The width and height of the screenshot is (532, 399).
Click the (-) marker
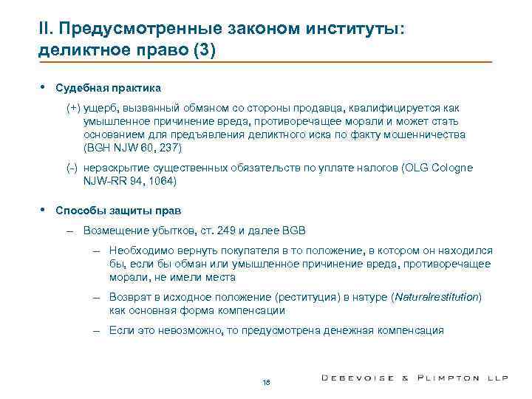72,168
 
